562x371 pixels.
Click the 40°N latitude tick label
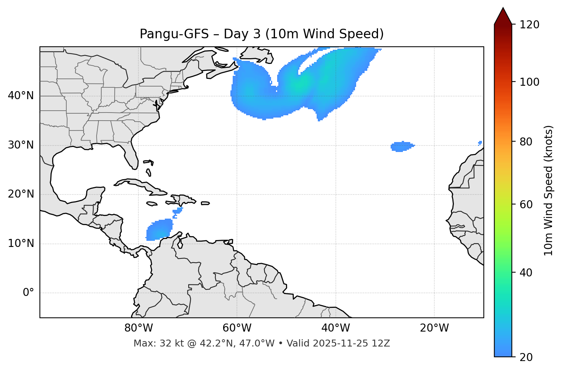(x=21, y=96)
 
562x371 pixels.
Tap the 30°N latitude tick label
(x=21, y=145)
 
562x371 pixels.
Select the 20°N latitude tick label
(x=21, y=194)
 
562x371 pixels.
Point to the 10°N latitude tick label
(x=21, y=244)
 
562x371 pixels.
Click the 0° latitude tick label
(x=28, y=293)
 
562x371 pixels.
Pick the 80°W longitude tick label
(x=138, y=328)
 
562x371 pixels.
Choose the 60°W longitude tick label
(x=237, y=328)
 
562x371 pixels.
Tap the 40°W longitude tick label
(x=335, y=328)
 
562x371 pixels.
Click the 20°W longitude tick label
(x=434, y=328)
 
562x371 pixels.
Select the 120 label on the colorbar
(x=529, y=25)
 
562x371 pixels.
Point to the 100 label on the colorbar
(x=529, y=82)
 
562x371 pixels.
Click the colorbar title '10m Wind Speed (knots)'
(x=548, y=191)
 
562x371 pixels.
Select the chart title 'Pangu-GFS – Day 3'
(x=261, y=34)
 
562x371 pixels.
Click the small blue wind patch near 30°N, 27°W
(x=401, y=146)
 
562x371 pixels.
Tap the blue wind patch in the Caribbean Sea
(x=159, y=230)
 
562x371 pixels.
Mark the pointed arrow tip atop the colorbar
(x=503, y=8)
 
